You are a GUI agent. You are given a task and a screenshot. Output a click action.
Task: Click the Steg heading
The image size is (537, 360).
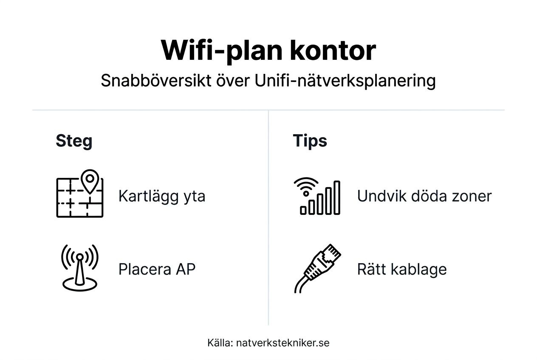[x=74, y=141]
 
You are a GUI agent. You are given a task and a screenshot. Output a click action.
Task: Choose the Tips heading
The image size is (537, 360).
[x=310, y=141]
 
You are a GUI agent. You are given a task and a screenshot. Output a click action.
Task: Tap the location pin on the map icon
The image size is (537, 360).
[x=90, y=180]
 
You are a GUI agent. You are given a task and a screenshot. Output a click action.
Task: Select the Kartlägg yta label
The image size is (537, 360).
[x=161, y=197]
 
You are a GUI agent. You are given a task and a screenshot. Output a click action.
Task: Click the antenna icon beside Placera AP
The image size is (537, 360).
[x=79, y=267]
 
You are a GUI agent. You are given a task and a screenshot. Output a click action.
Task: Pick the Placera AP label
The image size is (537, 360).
[x=157, y=270]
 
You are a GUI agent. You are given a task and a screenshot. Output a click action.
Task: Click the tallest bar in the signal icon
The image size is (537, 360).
[x=336, y=198]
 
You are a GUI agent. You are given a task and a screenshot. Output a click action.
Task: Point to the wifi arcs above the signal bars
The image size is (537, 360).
[x=305, y=186]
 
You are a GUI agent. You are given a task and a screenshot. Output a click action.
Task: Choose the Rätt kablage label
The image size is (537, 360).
[x=401, y=270]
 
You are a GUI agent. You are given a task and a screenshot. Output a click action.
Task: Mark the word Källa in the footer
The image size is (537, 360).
[x=219, y=343]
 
